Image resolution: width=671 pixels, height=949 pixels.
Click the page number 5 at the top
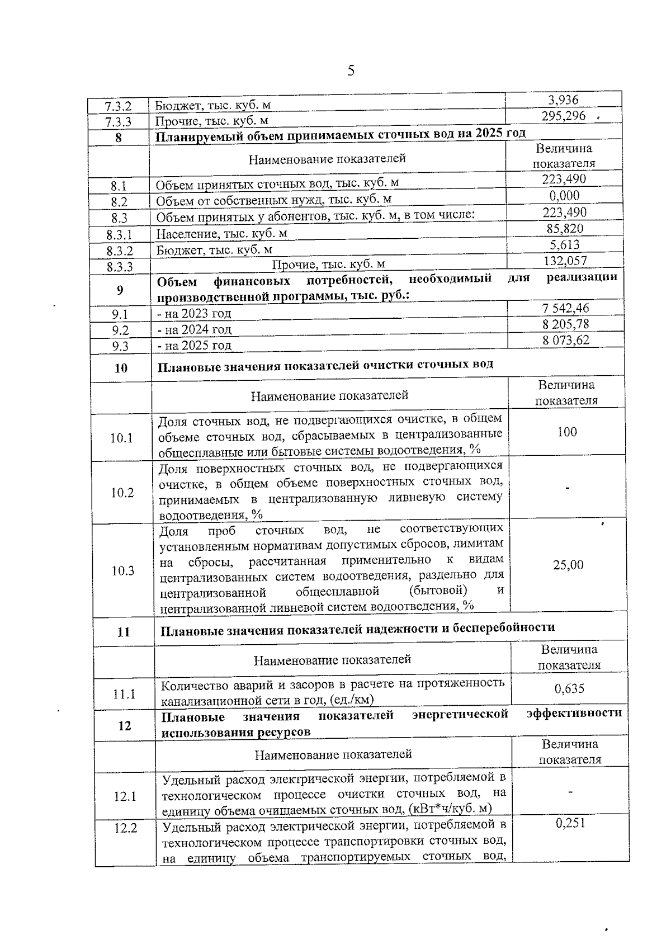click(x=351, y=70)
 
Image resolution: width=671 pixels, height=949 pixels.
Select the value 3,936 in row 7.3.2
click(x=563, y=100)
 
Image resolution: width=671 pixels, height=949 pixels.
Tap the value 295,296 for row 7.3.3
click(x=564, y=116)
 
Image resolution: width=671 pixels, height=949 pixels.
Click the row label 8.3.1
click(x=119, y=234)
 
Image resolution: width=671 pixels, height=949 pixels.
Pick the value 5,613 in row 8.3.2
click(x=564, y=245)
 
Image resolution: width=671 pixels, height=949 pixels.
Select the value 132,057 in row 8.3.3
click(x=565, y=261)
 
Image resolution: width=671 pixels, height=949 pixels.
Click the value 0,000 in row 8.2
click(x=564, y=196)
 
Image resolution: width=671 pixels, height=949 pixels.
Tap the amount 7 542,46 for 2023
click(x=565, y=308)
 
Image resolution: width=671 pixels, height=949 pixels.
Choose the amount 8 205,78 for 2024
click(x=565, y=324)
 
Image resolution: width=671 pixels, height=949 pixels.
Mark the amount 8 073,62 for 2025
click(x=565, y=340)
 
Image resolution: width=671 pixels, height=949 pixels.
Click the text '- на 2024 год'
click(x=194, y=329)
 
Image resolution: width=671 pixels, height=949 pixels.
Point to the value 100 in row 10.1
click(x=567, y=432)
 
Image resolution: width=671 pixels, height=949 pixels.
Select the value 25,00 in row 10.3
click(x=568, y=565)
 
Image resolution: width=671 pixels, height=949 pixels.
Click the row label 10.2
click(x=122, y=493)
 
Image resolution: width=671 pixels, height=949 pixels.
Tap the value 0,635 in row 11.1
click(x=569, y=688)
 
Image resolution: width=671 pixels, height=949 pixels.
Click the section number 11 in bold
click(x=124, y=632)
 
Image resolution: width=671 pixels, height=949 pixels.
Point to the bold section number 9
click(x=120, y=290)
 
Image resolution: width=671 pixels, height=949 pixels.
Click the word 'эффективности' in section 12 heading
click(x=574, y=713)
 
